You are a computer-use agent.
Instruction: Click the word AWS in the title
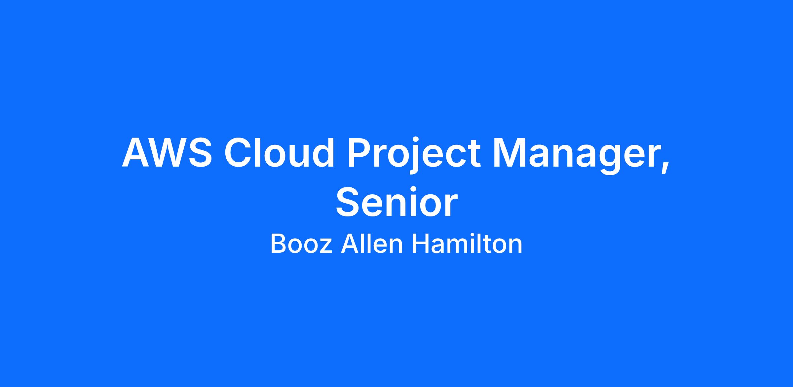167,152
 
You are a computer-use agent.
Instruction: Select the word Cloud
279,152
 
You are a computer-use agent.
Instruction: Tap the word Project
413,155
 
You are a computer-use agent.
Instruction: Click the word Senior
397,202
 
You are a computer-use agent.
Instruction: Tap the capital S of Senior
348,202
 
